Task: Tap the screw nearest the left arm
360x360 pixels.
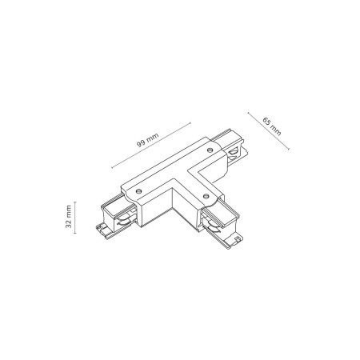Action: pyautogui.click(x=141, y=190)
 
